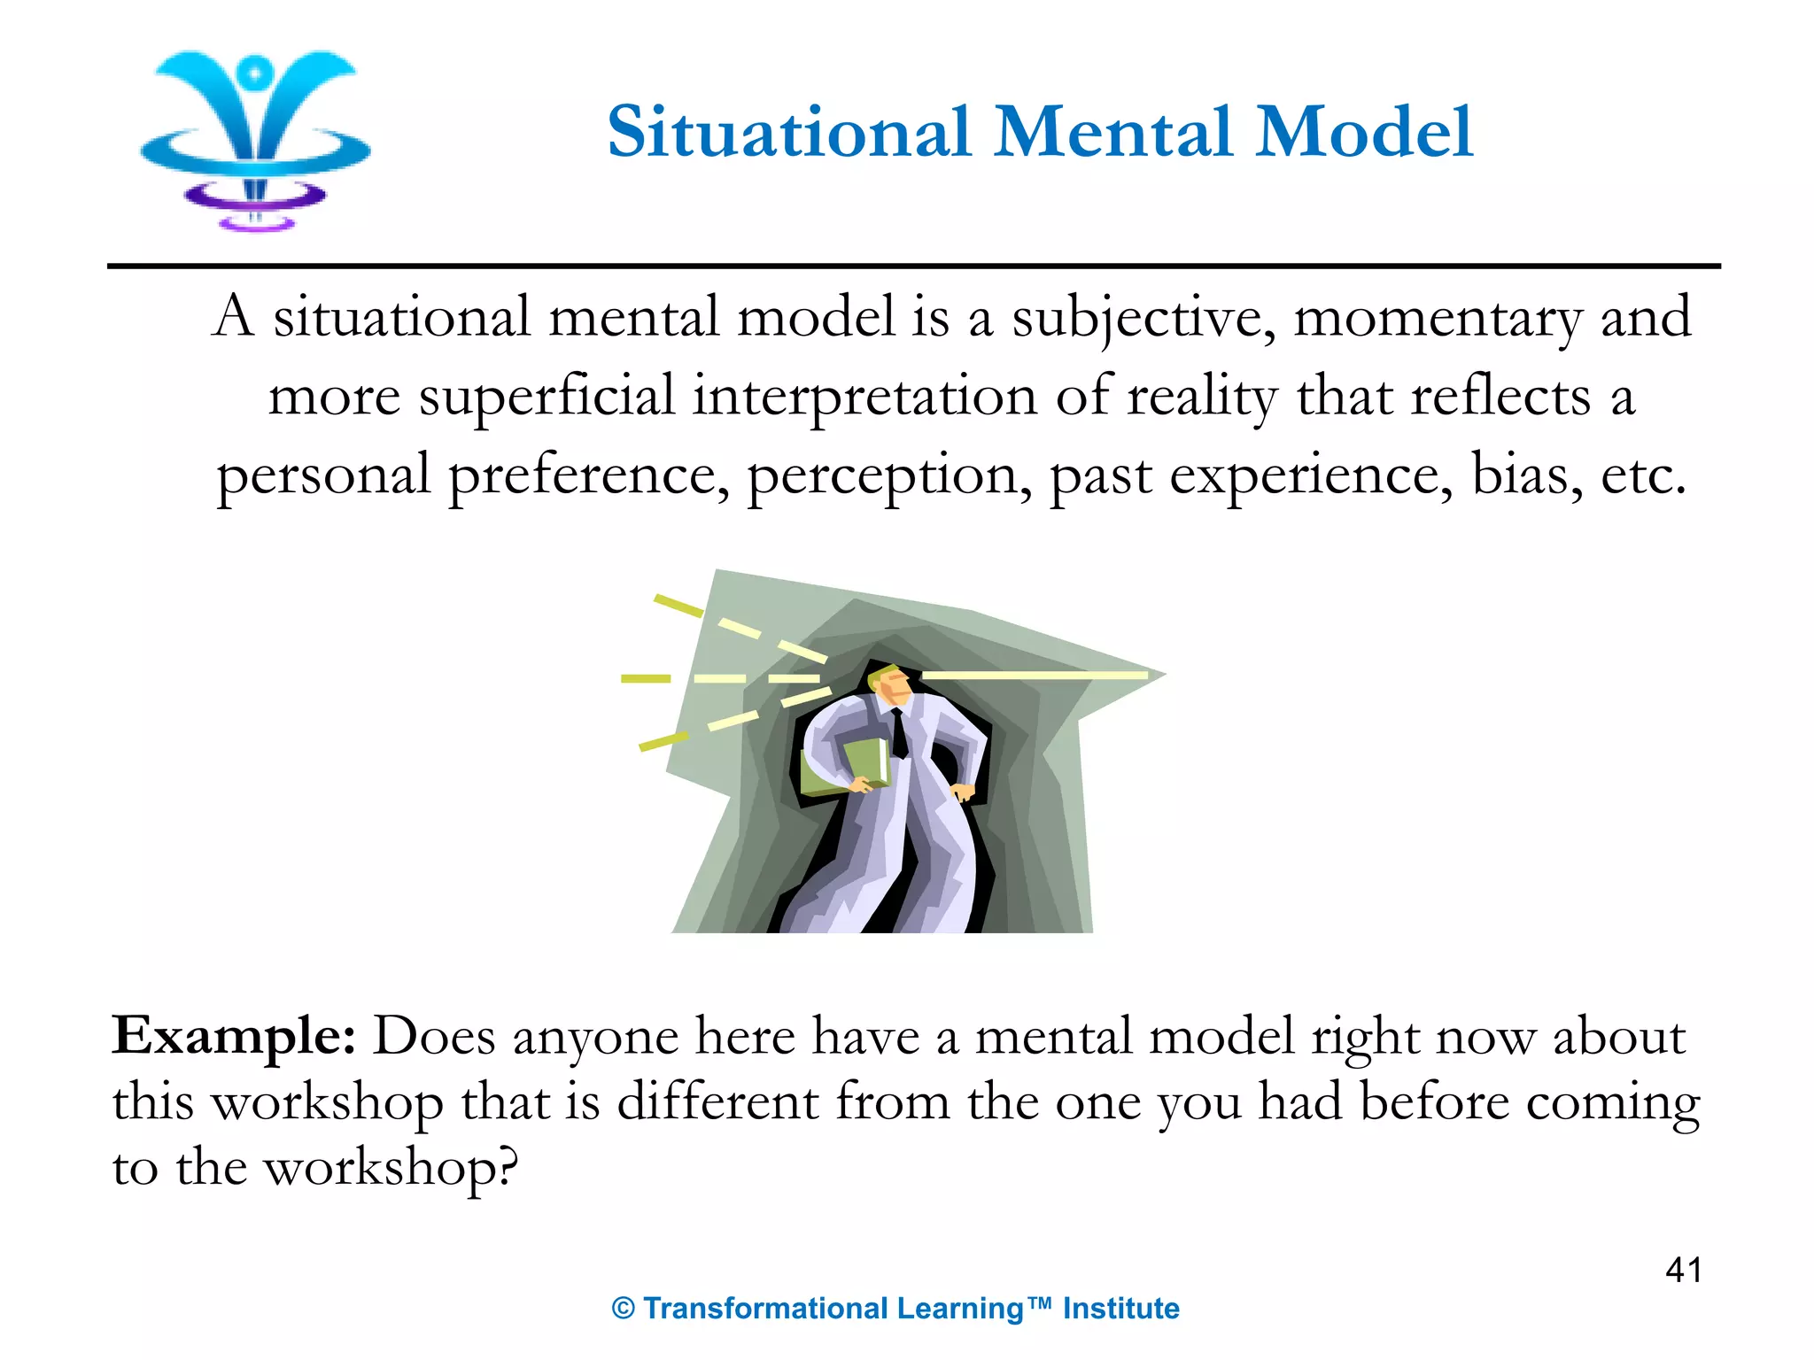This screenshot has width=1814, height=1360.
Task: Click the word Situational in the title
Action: [788, 133]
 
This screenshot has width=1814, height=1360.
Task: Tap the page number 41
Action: [1683, 1271]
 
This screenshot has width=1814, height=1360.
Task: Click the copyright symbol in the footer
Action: [624, 1310]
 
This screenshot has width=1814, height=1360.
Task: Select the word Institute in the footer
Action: [1120, 1309]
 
